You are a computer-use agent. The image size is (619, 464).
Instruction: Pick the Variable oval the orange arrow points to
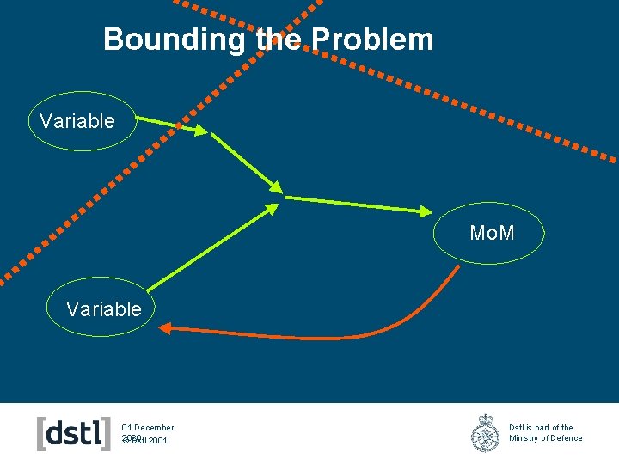(x=101, y=309)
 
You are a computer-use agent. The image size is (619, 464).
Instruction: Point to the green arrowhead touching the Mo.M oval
(x=426, y=211)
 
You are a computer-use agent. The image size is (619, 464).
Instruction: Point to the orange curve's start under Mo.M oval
(x=457, y=267)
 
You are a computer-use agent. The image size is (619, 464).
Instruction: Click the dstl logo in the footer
(x=74, y=433)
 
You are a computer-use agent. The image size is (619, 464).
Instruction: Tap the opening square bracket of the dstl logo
(x=42, y=433)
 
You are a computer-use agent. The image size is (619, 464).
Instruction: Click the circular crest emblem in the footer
(x=485, y=433)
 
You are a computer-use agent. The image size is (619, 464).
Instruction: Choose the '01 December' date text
(x=148, y=427)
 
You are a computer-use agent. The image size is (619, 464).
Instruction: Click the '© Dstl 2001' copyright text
(x=146, y=441)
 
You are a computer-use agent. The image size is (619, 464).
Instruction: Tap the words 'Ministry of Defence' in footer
(x=545, y=438)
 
